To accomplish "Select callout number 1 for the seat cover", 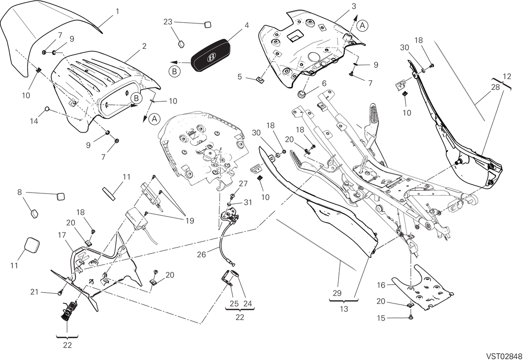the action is pos(117,11).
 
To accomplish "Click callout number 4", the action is pos(247,25).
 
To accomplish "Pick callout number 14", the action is pos(34,121).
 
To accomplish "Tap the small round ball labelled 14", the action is pos(47,109).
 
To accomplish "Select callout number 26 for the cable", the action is pos(201,254).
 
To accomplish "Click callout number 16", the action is pos(381,285).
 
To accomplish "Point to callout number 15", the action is pos(381,318).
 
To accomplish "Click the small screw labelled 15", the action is pos(411,317).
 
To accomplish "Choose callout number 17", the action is pos(62,235).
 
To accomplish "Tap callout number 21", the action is pos(35,292).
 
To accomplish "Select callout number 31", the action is pos(248,202).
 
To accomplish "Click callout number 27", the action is pos(243,184).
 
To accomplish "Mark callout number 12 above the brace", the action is pos(507,76).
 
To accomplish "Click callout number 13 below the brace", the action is pos(344,309).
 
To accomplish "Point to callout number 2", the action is pos(144,46).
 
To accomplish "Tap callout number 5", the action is pos(239,77).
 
